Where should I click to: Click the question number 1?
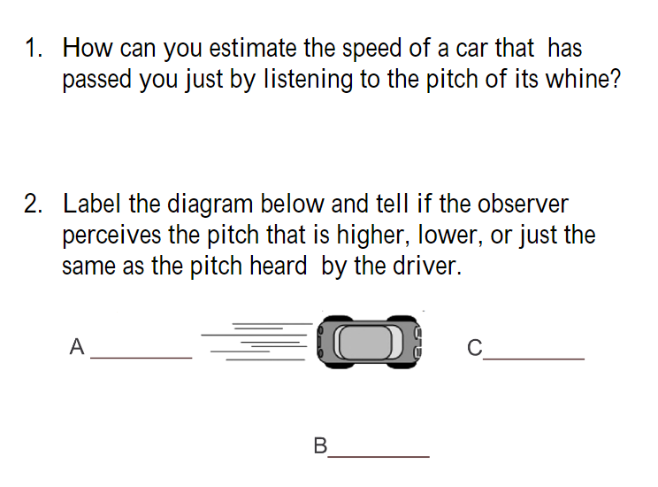[x=32, y=48]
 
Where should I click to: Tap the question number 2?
[x=33, y=205]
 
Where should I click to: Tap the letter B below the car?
[x=320, y=445]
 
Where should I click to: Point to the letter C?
[x=475, y=347]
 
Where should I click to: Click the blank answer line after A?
[x=142, y=357]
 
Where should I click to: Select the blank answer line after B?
[x=379, y=456]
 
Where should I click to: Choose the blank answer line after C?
[x=534, y=358]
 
